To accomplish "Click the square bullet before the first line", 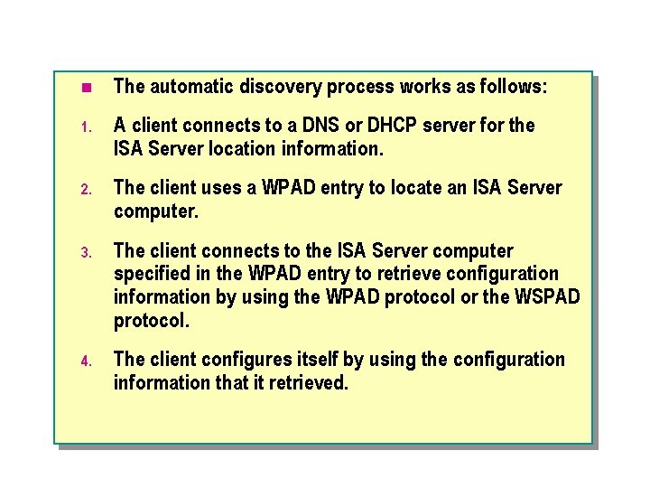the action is click(x=86, y=88).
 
